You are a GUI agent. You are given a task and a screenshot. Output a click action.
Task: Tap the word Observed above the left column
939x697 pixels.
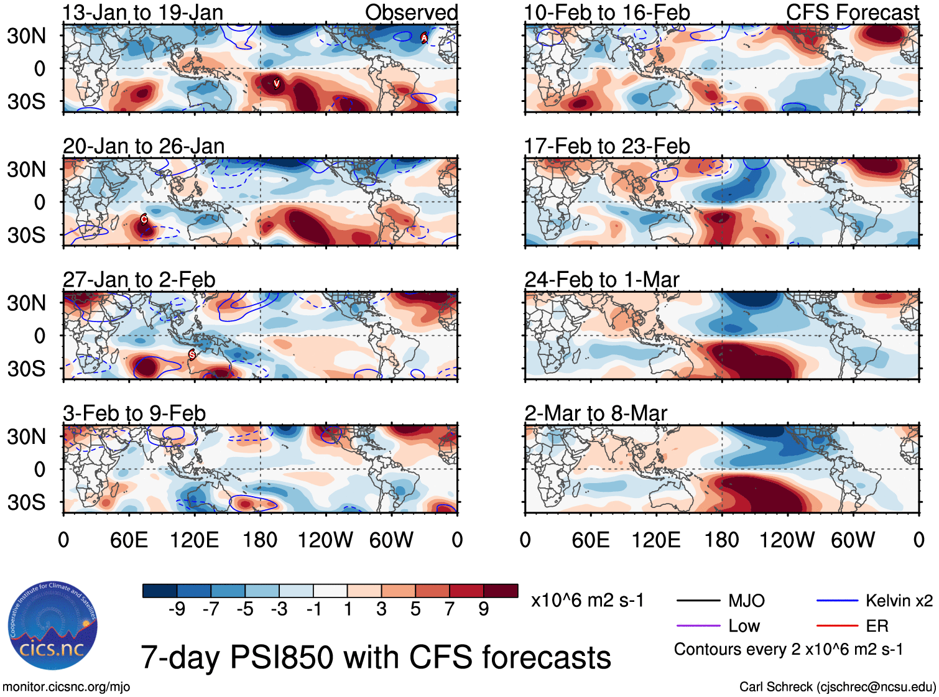click(411, 12)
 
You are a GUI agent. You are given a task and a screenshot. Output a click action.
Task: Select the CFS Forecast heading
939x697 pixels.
click(852, 12)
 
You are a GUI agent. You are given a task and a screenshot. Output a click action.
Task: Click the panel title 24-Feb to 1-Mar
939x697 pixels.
click(601, 280)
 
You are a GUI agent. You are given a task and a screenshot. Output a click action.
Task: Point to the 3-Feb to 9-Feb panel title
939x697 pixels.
click(134, 413)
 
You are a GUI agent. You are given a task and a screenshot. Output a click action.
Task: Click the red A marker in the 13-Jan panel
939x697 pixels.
click(424, 38)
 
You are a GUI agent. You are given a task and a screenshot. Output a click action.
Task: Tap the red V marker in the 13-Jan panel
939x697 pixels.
click(276, 83)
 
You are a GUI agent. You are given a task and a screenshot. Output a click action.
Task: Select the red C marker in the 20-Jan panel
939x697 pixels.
click(144, 219)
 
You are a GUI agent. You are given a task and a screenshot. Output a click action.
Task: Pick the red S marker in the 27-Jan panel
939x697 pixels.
click(192, 354)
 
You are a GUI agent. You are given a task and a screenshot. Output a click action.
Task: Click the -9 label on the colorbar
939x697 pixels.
click(177, 609)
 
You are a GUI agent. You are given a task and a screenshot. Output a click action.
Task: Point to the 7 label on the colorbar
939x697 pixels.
click(450, 609)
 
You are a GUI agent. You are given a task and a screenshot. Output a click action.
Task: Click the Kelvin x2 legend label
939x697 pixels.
click(899, 601)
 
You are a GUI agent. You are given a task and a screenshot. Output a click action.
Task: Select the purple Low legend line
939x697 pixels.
click(698, 625)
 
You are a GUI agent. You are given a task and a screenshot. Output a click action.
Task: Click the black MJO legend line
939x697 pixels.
click(698, 601)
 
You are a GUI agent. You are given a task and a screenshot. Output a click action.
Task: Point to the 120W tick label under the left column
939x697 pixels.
click(325, 540)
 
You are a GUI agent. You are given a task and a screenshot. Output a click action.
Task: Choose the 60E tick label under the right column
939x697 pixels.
click(590, 540)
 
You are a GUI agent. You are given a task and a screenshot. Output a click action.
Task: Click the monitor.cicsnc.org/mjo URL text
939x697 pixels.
click(66, 687)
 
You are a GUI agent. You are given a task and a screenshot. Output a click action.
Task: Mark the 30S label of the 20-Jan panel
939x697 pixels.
click(26, 235)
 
